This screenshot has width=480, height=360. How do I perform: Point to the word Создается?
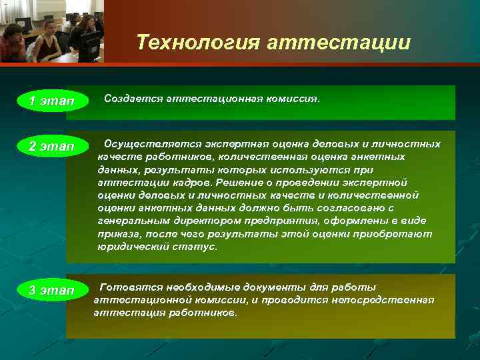tap(131, 99)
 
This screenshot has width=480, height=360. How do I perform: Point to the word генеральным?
tap(128, 221)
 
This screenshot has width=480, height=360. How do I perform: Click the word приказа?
tap(117, 234)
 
